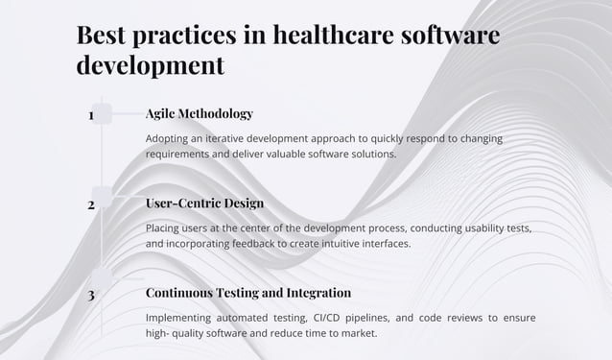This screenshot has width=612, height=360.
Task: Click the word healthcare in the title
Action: click(329, 36)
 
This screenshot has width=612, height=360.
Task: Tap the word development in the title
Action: click(150, 65)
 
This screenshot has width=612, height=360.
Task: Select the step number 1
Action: click(91, 115)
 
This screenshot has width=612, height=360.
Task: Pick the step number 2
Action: click(91, 204)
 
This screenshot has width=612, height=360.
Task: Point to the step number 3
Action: click(91, 295)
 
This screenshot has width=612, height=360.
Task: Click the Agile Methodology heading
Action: click(200, 113)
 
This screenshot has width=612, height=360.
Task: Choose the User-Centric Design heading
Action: click(204, 203)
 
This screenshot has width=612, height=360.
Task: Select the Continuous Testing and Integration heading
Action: click(248, 292)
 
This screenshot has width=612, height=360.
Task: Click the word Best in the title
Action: click(104, 36)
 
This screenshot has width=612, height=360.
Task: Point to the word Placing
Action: click(166, 228)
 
